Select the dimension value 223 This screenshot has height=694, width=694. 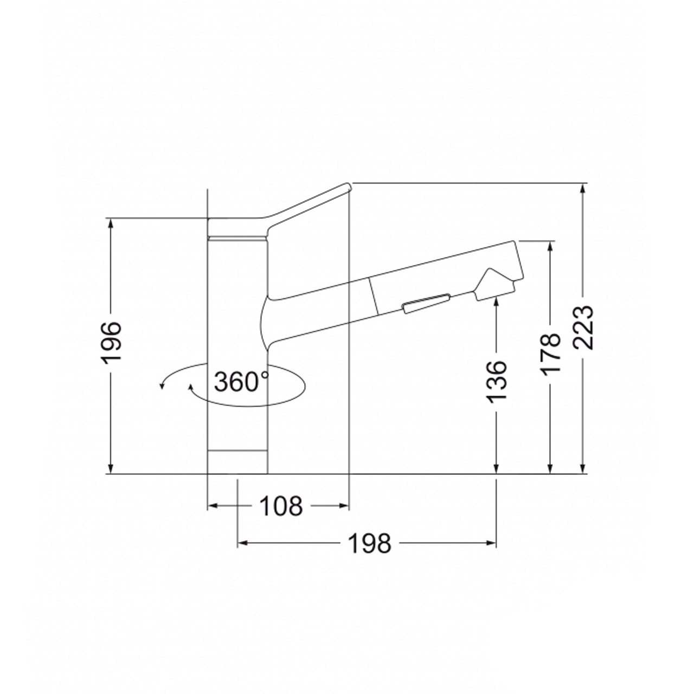pos(583,328)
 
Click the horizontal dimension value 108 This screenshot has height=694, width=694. pos(281,506)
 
